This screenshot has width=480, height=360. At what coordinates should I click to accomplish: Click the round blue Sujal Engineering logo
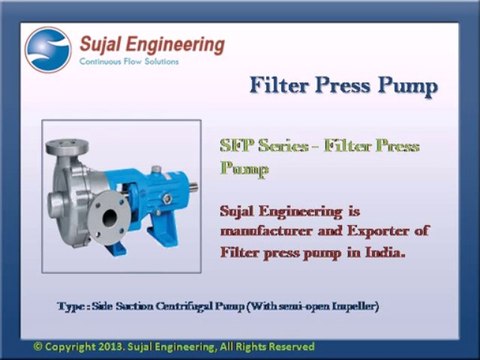click(x=48, y=50)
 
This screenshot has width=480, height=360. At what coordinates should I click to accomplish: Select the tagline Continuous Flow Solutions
click(x=129, y=61)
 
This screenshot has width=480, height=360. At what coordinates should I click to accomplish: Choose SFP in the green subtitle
click(x=236, y=145)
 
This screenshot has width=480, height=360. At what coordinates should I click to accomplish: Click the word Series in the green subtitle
click(x=283, y=146)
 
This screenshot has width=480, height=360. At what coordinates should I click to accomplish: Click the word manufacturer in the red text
click(x=266, y=231)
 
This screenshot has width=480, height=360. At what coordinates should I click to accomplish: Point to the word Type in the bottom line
click(x=70, y=306)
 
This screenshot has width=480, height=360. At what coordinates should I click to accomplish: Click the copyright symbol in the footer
click(x=38, y=347)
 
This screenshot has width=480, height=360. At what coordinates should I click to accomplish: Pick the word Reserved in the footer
click(x=292, y=347)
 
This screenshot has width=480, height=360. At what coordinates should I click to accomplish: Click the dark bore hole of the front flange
click(x=109, y=218)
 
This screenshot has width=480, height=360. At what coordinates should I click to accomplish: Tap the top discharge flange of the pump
click(x=67, y=147)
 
